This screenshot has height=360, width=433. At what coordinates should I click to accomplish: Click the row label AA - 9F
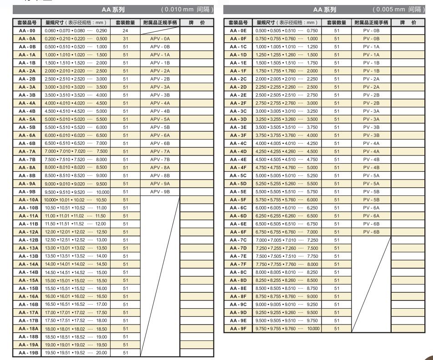[x=237, y=328]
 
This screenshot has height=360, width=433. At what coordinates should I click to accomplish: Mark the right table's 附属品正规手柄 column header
[x=371, y=22]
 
